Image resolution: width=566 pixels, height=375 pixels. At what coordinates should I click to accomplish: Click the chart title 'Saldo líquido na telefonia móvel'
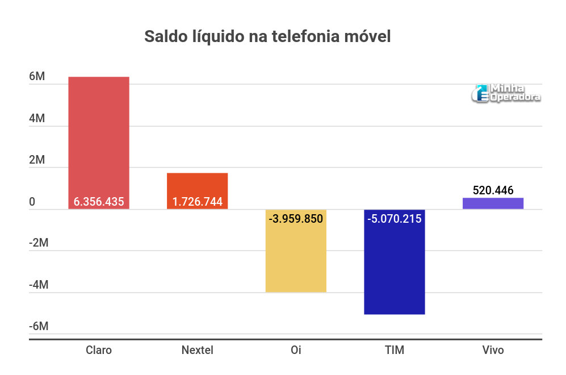(x=267, y=37)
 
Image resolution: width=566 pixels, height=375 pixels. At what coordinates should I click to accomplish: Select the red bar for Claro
(x=99, y=136)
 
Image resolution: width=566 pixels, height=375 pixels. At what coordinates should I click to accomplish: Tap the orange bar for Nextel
(x=197, y=185)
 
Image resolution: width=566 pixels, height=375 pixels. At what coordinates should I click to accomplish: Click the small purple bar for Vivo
(x=493, y=203)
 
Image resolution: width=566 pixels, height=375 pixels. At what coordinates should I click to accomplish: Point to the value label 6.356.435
(x=99, y=202)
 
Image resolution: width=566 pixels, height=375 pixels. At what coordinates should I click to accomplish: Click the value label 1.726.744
(x=197, y=202)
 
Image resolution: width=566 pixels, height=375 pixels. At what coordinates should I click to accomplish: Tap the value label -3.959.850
(x=296, y=218)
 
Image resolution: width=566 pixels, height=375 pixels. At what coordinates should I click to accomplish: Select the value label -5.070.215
(x=394, y=218)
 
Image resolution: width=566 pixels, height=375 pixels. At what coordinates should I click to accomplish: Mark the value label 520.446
(x=493, y=190)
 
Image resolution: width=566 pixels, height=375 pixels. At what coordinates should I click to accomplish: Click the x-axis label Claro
(x=99, y=350)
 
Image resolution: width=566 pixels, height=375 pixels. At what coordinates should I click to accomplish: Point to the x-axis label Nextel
(x=197, y=350)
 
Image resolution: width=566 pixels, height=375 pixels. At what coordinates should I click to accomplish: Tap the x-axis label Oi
(x=296, y=350)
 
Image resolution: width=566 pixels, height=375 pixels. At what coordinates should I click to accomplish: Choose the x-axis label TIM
(x=394, y=350)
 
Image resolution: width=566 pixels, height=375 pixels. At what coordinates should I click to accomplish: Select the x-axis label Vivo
(x=493, y=350)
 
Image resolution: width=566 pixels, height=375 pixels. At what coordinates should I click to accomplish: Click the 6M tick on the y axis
(x=37, y=77)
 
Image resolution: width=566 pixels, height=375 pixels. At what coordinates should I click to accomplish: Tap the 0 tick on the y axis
(x=32, y=202)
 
